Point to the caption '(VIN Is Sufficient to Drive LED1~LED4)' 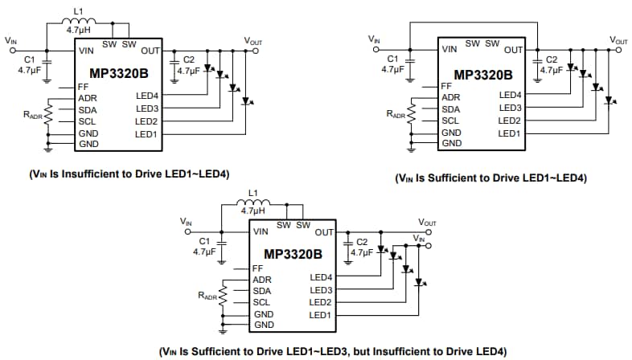490,178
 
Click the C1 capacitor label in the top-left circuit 30,59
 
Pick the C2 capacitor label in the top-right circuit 551,59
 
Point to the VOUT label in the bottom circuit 427,222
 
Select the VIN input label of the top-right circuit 374,39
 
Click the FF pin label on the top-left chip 84,86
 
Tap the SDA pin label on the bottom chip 261,291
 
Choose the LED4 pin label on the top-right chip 510,95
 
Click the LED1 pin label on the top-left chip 146,133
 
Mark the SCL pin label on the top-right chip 451,121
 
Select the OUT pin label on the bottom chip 324,232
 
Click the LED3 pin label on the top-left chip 146,108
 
